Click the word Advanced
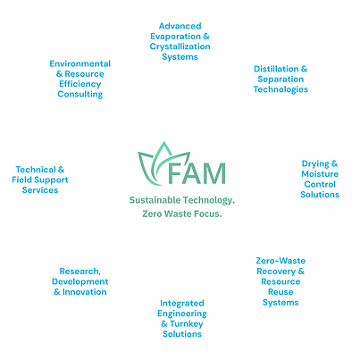pyautogui.click(x=180, y=26)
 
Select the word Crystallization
pyautogui.click(x=180, y=46)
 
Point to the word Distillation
pyautogui.click(x=276, y=69)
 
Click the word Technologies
pyautogui.click(x=280, y=89)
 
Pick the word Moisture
pyautogui.click(x=320, y=174)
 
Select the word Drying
pyautogui.click(x=315, y=164)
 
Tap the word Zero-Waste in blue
pyautogui.click(x=280, y=261)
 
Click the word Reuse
pyautogui.click(x=280, y=292)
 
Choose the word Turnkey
pyautogui.click(x=187, y=324)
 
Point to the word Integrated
pyautogui.click(x=182, y=304)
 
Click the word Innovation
pyautogui.click(x=84, y=292)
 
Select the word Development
pyautogui.click(x=80, y=281)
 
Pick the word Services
pyautogui.click(x=40, y=190)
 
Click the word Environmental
pyautogui.click(x=80, y=63)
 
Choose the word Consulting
pyautogui.click(x=80, y=95)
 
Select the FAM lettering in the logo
pyautogui.click(x=197, y=173)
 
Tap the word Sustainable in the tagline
pyautogui.click(x=155, y=200)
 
